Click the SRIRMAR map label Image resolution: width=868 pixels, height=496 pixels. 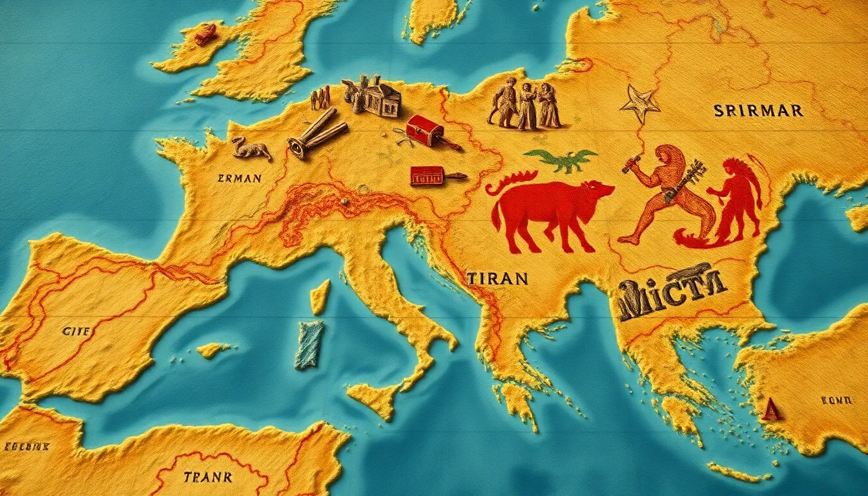[758, 111]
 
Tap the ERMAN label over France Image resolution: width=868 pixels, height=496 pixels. [240, 178]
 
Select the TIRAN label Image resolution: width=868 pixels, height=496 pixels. [496, 279]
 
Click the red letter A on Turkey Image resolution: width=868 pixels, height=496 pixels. [770, 409]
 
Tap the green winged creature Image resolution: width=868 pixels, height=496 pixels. [561, 160]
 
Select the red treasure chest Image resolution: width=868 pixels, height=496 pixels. [425, 131]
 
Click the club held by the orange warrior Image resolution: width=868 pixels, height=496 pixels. [631, 163]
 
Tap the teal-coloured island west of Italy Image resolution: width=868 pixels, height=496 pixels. [310, 344]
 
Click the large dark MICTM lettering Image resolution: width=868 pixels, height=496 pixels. [672, 291]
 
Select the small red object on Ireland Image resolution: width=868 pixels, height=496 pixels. [205, 34]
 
